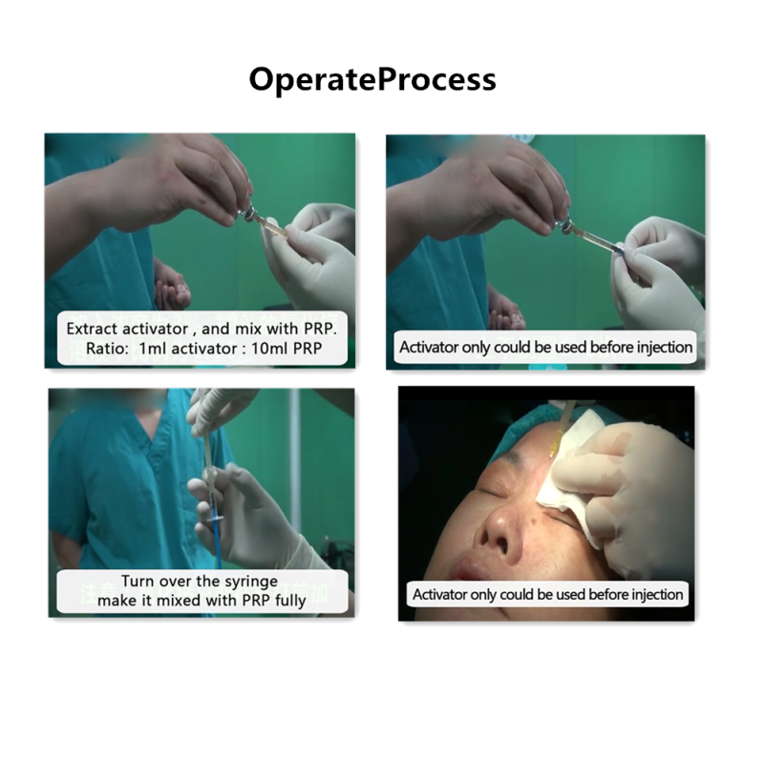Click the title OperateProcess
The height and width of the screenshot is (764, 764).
(372, 79)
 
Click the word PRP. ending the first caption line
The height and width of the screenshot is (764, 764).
(321, 329)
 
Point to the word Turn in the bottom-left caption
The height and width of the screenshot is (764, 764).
(137, 581)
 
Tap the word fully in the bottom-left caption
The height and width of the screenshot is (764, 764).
(290, 602)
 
